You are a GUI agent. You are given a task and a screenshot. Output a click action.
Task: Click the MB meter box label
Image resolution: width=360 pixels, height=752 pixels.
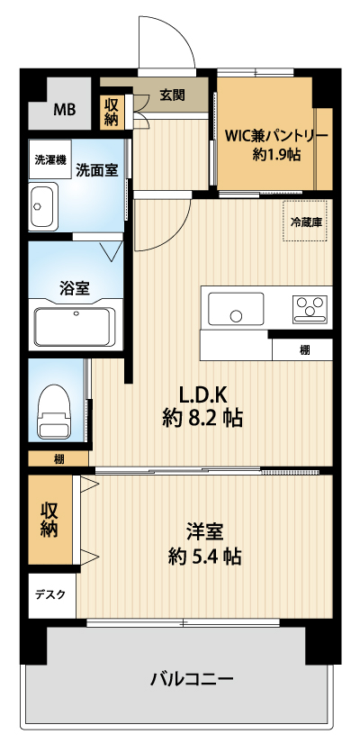64,110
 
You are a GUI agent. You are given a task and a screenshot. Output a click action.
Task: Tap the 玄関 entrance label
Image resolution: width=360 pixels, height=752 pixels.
172,96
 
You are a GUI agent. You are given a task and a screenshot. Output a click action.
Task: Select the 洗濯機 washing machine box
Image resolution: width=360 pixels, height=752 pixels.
49,159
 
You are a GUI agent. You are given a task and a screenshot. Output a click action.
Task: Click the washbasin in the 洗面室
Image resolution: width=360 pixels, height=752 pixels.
43,206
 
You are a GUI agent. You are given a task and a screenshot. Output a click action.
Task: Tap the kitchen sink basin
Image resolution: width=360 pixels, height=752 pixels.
236,308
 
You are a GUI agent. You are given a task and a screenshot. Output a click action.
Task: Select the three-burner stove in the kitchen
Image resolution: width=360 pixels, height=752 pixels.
310,309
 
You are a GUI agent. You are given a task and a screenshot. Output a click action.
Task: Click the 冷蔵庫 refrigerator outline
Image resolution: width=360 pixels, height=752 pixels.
307,221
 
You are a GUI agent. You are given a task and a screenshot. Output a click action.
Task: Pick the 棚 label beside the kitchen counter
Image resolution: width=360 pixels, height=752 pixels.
305,350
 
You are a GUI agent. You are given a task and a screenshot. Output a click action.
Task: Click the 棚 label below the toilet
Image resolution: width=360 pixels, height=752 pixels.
58,459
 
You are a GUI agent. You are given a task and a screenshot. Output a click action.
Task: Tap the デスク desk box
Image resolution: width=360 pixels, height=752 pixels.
52,595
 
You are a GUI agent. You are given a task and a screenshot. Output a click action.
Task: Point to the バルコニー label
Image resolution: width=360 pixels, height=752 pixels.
193,679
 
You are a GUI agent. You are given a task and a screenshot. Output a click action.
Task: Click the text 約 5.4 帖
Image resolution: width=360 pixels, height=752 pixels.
204,557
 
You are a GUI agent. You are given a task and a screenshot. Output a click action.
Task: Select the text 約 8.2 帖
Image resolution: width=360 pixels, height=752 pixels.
202,419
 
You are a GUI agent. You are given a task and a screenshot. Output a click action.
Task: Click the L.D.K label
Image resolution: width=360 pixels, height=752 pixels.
202,395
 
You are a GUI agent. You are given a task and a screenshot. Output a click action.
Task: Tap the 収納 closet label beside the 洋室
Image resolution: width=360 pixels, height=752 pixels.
49,520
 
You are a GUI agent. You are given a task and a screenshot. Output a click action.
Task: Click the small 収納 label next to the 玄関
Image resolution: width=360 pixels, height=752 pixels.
112,112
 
